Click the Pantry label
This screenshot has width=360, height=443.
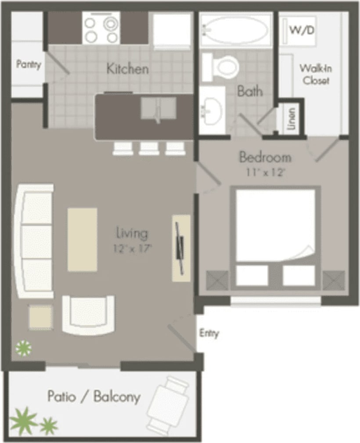29,65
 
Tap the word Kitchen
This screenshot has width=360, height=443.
128,69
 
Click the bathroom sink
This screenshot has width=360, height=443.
212,110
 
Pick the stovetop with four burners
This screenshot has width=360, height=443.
101,28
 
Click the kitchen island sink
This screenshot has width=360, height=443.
158,108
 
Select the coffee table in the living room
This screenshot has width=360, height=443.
82,239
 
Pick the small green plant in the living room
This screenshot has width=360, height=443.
24,348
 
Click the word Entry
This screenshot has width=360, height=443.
209,333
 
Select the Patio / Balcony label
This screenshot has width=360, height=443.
94,397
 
